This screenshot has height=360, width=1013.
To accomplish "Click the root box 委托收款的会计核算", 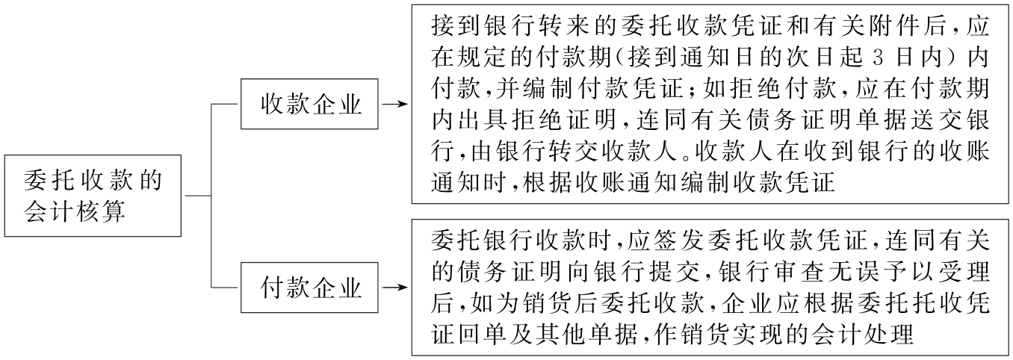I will pos(93,196).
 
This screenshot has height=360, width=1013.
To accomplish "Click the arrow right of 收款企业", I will pos(394,105).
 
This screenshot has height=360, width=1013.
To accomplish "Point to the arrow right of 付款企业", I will pos(394,287).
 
